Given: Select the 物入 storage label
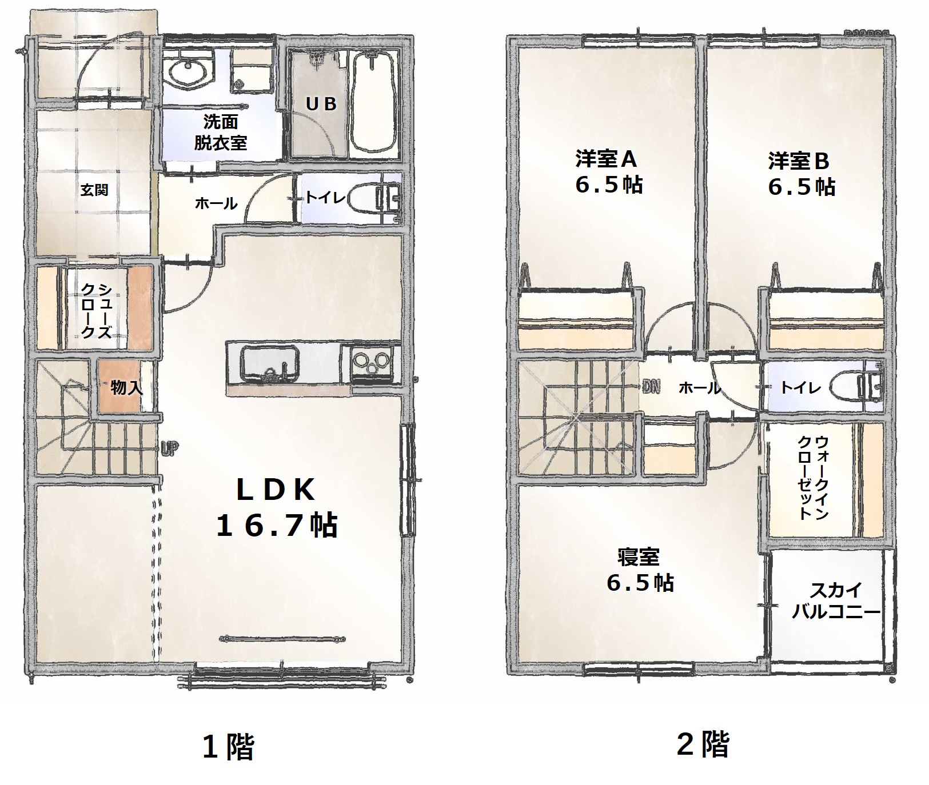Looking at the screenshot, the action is (126, 388).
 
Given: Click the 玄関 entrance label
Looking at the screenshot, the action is (94, 190).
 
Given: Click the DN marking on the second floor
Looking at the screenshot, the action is (650, 387).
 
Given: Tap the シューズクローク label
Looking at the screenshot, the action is (95, 311).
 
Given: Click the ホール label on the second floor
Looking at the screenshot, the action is (700, 389).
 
